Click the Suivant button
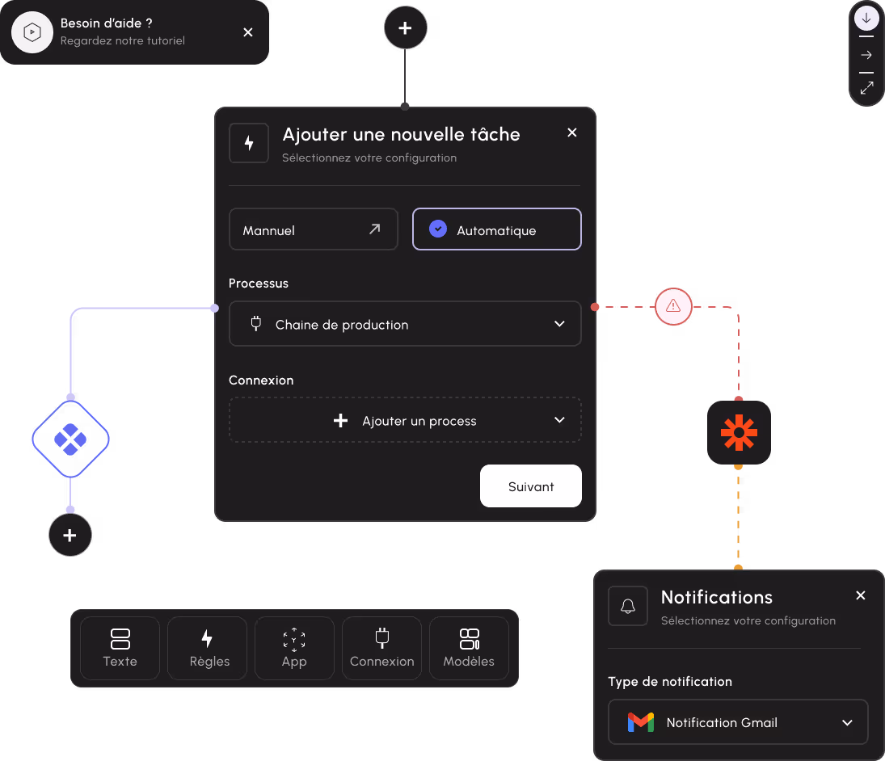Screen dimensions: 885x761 [531, 486]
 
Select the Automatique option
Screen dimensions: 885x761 [496, 229]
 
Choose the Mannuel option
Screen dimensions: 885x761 [313, 229]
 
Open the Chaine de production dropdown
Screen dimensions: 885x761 [405, 324]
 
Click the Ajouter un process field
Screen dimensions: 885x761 [405, 420]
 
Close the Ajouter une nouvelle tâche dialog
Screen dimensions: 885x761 [572, 133]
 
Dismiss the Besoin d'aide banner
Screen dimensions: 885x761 [248, 32]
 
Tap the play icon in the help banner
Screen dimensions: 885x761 [32, 32]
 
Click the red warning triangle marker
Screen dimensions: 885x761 [673, 307]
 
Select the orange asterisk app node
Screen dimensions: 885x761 [739, 433]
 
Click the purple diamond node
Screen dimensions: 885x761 [70, 439]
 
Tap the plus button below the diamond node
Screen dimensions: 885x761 [70, 535]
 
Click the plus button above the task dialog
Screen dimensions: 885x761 [405, 29]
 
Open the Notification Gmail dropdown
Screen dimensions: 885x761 [738, 722]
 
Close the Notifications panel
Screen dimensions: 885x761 [861, 595]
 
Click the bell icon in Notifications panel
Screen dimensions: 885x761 [628, 606]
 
